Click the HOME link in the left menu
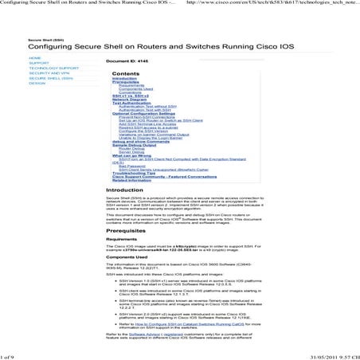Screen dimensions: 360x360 click(34, 58)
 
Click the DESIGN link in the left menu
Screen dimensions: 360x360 click(37, 84)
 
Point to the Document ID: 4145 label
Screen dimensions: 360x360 click(127, 61)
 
